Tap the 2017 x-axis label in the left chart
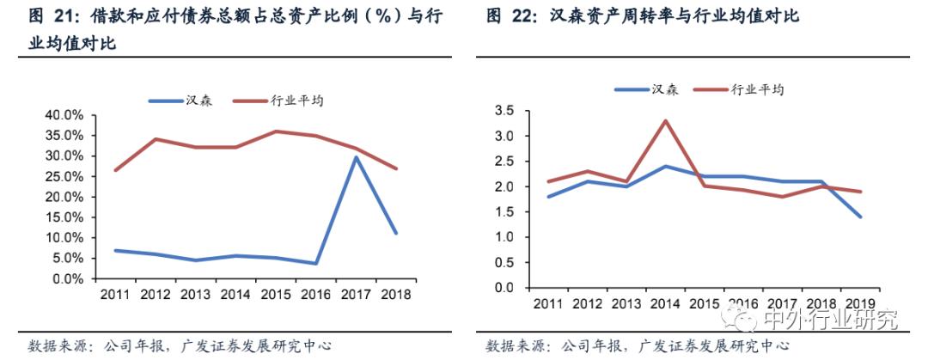(355, 295)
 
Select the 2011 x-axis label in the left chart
(116, 295)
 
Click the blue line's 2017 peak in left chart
(355, 156)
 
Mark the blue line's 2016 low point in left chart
(315, 264)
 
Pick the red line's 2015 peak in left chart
(275, 131)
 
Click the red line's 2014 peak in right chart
(664, 120)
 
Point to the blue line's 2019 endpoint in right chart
(860, 217)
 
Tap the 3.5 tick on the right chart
(504, 111)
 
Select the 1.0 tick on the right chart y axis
(504, 237)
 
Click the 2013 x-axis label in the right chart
(625, 304)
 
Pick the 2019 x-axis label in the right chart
(860, 304)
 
